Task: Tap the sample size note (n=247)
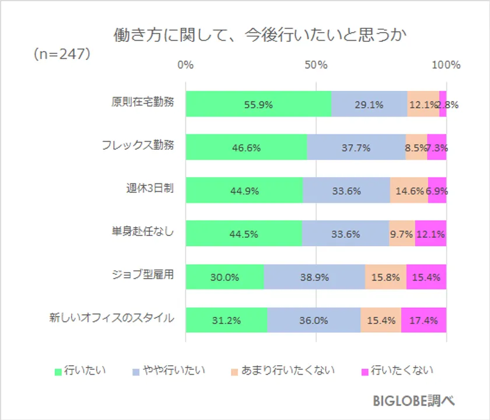coord(61,54)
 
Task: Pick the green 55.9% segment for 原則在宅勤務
coord(258,105)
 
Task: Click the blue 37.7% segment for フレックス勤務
coord(356,147)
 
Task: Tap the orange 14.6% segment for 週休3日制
coord(408,190)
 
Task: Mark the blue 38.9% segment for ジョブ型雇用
coord(314,277)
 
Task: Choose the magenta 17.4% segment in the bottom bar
coord(423,320)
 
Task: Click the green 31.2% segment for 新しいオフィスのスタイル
coord(226,320)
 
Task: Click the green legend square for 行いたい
coord(58,371)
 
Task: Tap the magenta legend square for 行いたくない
coord(365,371)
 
